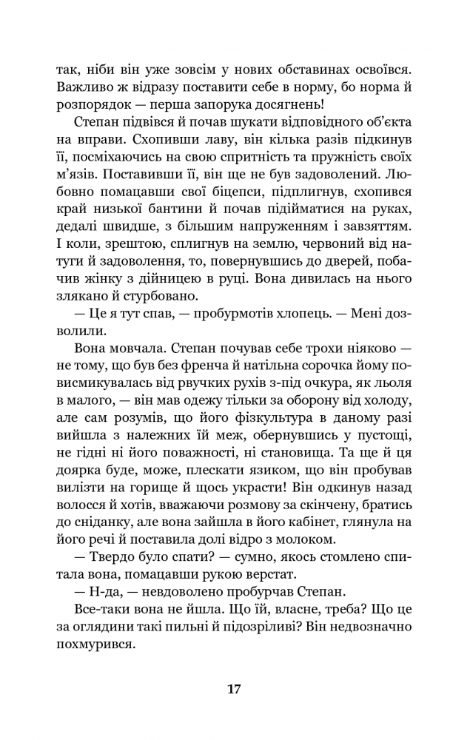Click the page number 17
(234, 689)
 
